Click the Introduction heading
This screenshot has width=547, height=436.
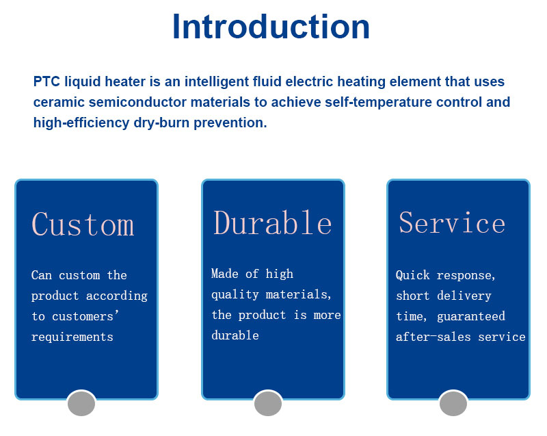[x=271, y=27]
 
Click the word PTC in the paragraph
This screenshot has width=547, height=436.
[x=46, y=81]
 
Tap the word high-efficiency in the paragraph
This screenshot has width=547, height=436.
[x=81, y=123]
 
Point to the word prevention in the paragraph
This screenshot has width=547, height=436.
[x=230, y=123]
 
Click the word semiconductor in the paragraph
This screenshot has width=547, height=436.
[x=138, y=102]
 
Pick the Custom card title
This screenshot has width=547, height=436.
[x=83, y=224]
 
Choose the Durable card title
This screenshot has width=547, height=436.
[x=272, y=222]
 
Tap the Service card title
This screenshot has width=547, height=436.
[x=452, y=222]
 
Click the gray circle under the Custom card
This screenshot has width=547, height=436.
[x=81, y=404]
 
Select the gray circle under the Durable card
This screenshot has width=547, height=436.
[x=268, y=404]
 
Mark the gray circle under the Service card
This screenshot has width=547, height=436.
[x=453, y=404]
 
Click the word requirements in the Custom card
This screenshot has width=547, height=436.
[x=72, y=337]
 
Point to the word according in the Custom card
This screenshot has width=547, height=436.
[x=116, y=296]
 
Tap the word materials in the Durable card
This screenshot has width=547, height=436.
[x=298, y=294]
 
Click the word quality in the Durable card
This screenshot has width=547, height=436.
[x=235, y=294]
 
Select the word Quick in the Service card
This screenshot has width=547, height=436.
[x=412, y=275]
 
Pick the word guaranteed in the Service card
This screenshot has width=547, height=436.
[x=471, y=316]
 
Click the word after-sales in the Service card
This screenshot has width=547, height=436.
[x=433, y=337]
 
